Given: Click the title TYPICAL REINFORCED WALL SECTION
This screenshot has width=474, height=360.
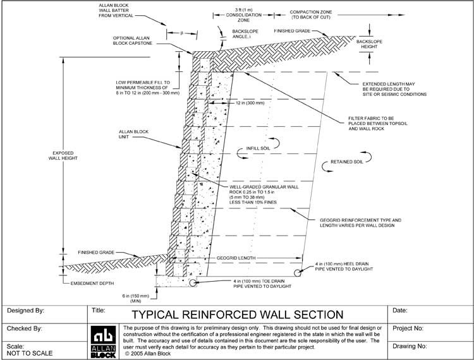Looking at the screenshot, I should pos(237,314).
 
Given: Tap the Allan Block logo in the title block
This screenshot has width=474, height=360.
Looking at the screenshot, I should pos(102,340).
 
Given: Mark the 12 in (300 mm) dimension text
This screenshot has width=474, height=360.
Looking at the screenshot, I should pos(246,103).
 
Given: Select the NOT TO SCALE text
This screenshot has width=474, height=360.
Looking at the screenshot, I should pos(29,353).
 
